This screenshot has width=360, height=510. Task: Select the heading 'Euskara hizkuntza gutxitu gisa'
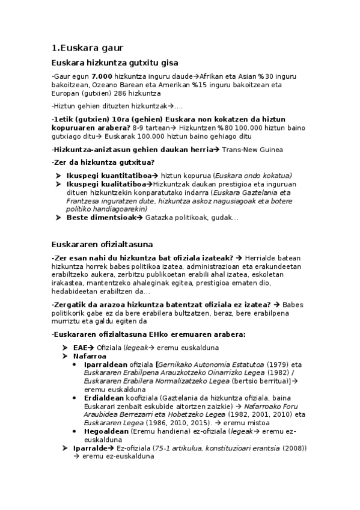click(115, 63)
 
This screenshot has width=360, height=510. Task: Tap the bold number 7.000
click(102, 77)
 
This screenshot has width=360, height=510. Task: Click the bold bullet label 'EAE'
click(80, 348)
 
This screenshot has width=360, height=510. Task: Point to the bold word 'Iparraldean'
click(104, 364)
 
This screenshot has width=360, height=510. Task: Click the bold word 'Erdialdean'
click(104, 398)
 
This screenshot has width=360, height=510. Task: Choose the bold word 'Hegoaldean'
click(106, 431)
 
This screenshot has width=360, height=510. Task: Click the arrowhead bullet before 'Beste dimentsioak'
click(59, 217)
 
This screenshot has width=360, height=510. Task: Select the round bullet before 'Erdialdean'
click(74, 398)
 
